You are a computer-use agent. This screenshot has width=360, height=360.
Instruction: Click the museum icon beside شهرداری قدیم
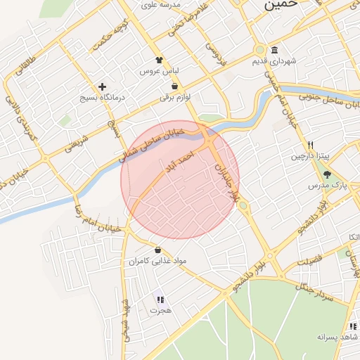pos(274,50)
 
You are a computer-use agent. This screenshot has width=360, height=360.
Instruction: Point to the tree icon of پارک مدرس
pos(327,174)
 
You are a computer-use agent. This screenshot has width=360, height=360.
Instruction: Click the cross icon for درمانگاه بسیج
pos(102,86)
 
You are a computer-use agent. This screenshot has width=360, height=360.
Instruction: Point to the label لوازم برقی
pos(166,98)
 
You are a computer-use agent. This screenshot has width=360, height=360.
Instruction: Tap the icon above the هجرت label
pos(160,299)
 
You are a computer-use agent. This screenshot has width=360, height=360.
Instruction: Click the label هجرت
pos(160,310)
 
